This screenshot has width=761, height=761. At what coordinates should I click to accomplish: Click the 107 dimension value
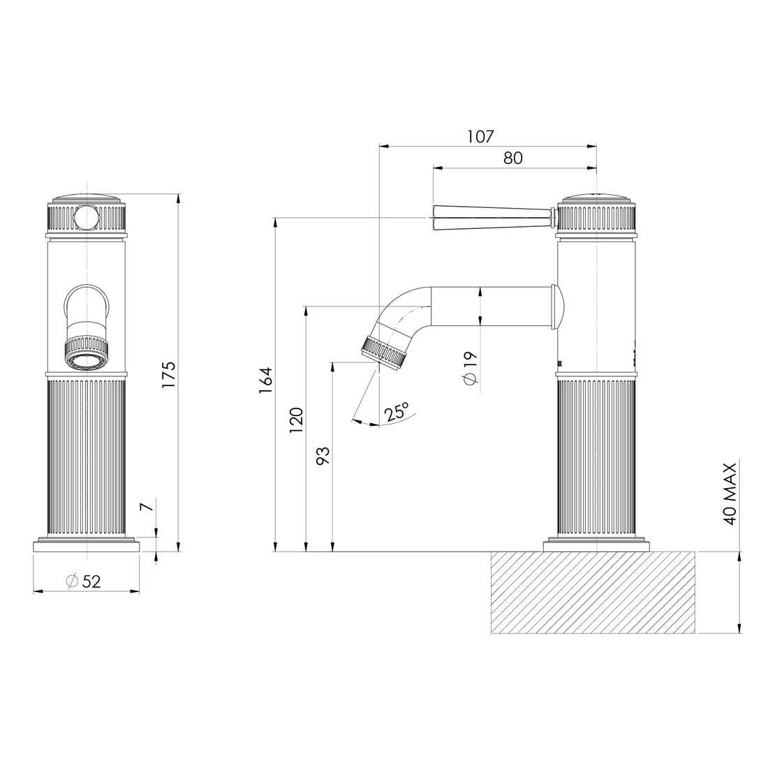(x=481, y=136)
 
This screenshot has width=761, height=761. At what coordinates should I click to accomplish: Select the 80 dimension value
(x=512, y=158)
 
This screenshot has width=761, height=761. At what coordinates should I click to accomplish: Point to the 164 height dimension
(x=266, y=380)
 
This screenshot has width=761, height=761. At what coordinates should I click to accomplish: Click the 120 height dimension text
(x=296, y=420)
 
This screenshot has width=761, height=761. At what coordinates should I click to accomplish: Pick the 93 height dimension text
(x=323, y=455)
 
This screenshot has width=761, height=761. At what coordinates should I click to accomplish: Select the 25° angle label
(x=396, y=412)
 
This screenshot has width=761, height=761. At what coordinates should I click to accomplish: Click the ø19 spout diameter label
(x=469, y=367)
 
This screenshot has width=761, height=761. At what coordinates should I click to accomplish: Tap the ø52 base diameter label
(x=84, y=581)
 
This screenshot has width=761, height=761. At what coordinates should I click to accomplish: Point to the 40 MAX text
(x=730, y=494)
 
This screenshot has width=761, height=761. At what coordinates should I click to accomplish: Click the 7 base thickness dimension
(x=146, y=506)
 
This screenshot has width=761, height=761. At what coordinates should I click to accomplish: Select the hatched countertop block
(x=593, y=592)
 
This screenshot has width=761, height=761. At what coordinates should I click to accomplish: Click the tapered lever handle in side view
(x=489, y=217)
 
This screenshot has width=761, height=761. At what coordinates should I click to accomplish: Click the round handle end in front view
(x=86, y=218)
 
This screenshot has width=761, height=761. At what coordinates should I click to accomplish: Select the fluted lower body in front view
(x=86, y=457)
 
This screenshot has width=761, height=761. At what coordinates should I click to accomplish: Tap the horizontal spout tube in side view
(x=489, y=306)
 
